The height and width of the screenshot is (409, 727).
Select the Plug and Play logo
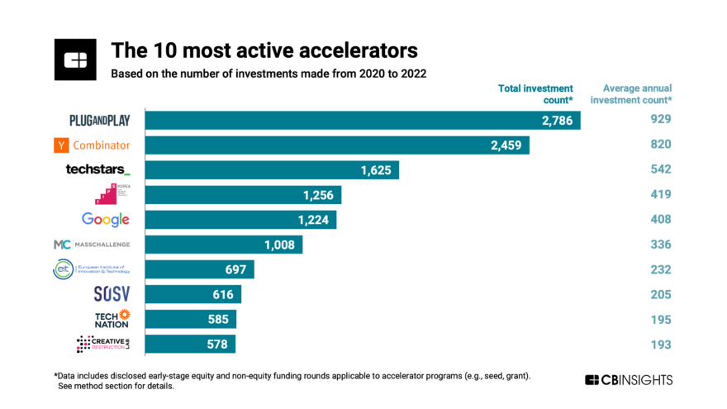[x=100, y=120]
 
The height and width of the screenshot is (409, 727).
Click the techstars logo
[x=97, y=169]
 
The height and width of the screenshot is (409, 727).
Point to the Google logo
[x=105, y=219]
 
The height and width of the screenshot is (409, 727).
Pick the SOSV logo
[x=110, y=294]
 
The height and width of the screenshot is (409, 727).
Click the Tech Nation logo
[x=112, y=319]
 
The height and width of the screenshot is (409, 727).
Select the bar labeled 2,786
[x=363, y=120]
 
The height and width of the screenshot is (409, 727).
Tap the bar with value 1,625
[x=272, y=169]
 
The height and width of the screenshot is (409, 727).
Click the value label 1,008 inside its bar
[x=278, y=245]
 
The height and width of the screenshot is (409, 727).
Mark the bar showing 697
[x=199, y=269]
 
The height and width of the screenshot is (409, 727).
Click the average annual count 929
[x=660, y=120]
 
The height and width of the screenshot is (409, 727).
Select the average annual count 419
[x=660, y=194]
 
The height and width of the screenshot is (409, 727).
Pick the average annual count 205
[x=660, y=294]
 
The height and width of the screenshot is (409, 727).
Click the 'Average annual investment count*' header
[x=637, y=93]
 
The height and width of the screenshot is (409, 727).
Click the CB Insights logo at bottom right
[x=629, y=380]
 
